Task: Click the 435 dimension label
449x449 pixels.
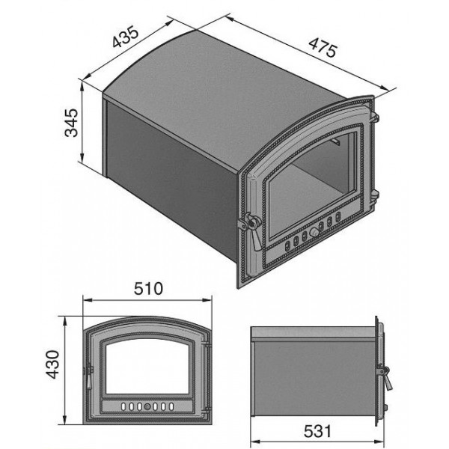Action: [x=126, y=37]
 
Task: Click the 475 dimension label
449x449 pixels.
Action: [x=323, y=48]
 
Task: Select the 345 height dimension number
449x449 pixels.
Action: [x=71, y=123]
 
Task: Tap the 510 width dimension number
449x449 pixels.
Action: [x=148, y=288]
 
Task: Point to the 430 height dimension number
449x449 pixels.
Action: [x=52, y=364]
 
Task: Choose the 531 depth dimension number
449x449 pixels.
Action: [x=317, y=431]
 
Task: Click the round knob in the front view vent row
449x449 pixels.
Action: [x=147, y=406]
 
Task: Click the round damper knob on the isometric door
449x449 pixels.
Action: [x=314, y=232]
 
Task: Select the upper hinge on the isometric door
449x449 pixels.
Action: [x=375, y=117]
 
